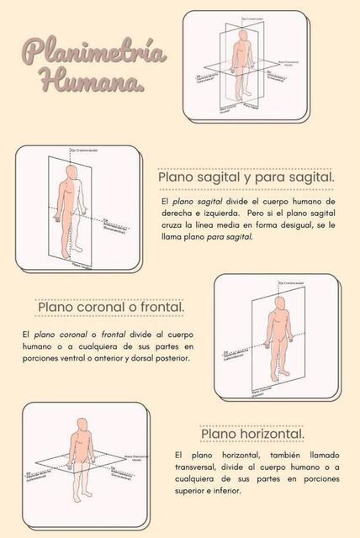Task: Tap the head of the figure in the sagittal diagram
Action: (73, 171)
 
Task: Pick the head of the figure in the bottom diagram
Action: (82, 424)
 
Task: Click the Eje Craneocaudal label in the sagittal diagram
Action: (83, 150)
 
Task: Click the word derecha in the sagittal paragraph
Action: (178, 214)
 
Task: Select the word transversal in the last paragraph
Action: (201, 467)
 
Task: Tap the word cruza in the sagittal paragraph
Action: (175, 226)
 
